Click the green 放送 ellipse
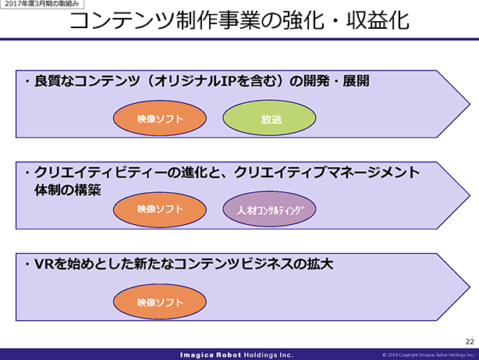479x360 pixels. tap(269, 118)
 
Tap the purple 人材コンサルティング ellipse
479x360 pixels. tap(269, 209)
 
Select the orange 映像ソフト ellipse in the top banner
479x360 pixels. tap(160, 118)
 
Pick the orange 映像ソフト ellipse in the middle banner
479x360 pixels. tap(160, 209)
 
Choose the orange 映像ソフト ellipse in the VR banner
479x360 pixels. tap(160, 301)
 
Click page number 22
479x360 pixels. tap(470, 341)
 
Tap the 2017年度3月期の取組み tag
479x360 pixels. tap(42, 4)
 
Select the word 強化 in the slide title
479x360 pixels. tap(303, 20)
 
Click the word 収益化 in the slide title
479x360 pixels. tap(378, 20)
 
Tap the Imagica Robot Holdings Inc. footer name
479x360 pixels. tap(236, 355)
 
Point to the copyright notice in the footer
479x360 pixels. tap(428, 355)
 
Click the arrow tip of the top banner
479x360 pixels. tap(470, 104)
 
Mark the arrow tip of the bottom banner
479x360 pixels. tap(470, 287)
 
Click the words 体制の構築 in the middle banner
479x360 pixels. tap(68, 190)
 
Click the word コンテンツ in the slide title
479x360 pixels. tap(123, 20)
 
